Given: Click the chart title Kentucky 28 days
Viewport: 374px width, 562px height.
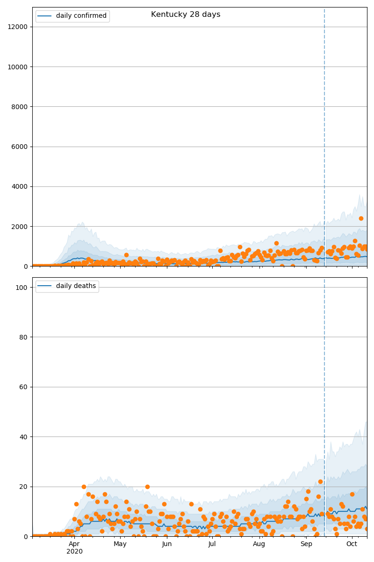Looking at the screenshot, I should click(186, 15).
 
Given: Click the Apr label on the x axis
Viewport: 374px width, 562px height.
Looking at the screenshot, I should click(74, 544).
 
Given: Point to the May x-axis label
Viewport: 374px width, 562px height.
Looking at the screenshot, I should click(120, 544).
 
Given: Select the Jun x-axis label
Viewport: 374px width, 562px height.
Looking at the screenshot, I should click(167, 544).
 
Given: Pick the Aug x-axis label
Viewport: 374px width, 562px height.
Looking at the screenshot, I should click(259, 544).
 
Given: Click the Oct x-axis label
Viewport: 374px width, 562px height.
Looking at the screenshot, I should click(352, 544).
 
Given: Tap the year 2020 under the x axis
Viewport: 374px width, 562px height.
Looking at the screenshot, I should click(74, 552).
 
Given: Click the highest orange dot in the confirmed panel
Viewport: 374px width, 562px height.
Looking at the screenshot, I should click(361, 218).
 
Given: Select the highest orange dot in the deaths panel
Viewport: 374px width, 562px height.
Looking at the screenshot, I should click(320, 481).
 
